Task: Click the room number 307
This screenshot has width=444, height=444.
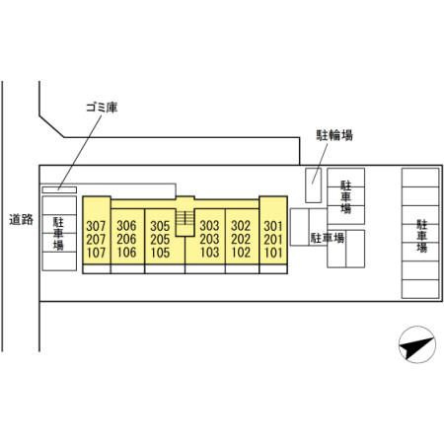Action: pos(96,226)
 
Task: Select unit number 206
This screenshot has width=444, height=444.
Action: pos(126,239)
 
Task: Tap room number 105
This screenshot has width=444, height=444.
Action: pos(160,253)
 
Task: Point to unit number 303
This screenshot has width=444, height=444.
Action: pos(209,226)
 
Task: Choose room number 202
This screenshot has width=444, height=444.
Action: pos(241,239)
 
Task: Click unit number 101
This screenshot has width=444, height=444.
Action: pos(273,253)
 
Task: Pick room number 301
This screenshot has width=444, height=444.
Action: pos(273,226)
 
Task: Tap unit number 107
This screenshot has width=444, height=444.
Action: pos(96,253)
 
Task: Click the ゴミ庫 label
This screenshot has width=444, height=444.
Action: pos(102,108)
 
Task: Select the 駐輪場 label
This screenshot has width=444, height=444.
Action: pos(334,135)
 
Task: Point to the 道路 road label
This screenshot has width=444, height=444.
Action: pos(22,219)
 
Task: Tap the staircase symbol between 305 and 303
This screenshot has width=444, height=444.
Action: pos(185,218)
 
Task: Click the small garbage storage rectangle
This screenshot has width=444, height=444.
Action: pos(59,189)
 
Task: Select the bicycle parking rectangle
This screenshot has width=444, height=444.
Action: pos(313,185)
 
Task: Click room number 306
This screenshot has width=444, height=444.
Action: pos(126,226)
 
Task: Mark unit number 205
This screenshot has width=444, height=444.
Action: pos(160,239)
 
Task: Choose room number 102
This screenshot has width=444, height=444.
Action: pos(241,253)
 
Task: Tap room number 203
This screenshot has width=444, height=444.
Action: pos(209,239)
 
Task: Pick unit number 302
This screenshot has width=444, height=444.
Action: pos(241,226)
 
